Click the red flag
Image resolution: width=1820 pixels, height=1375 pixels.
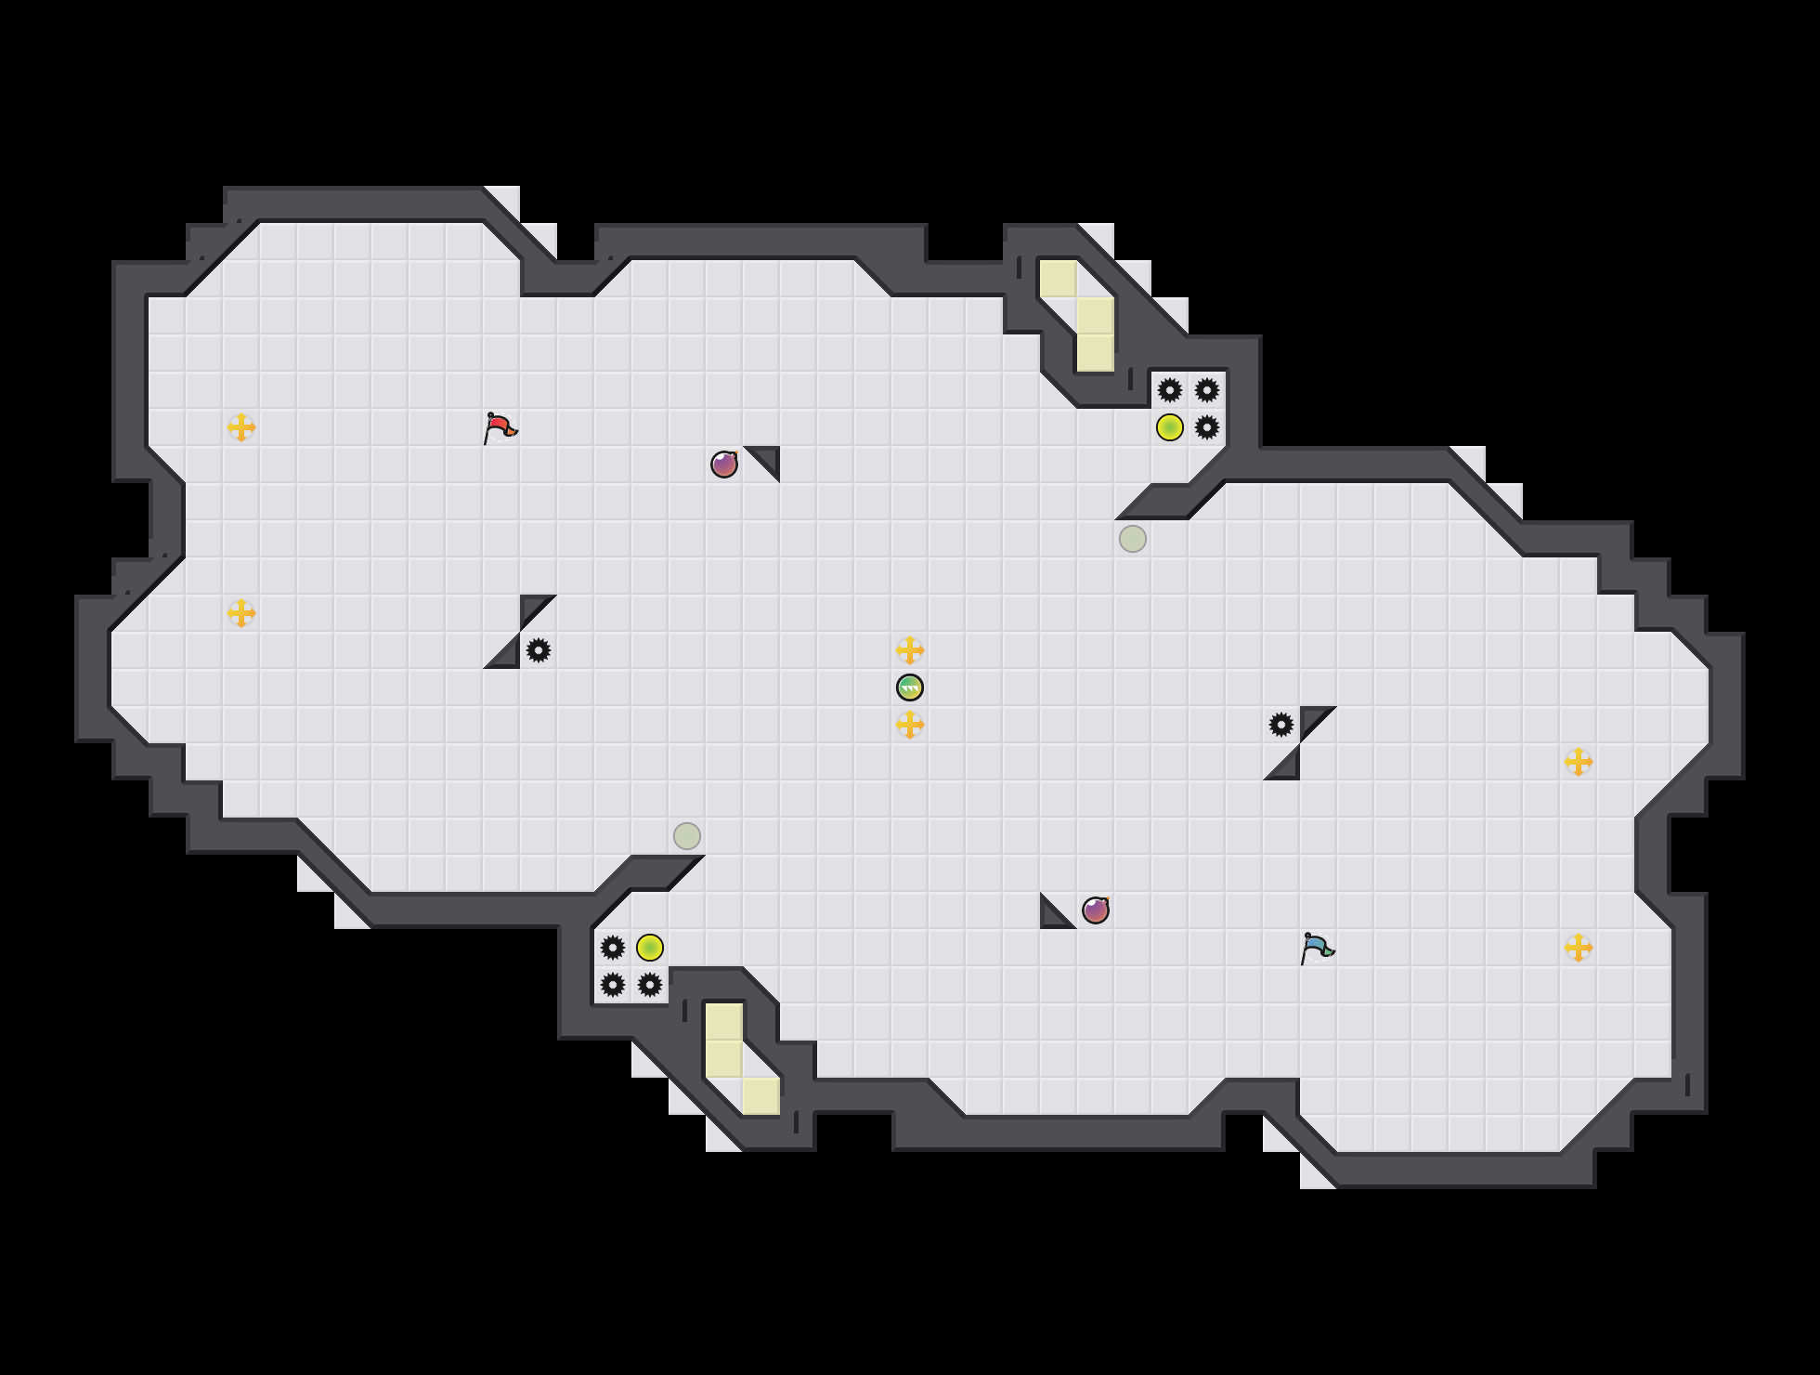coord(500,427)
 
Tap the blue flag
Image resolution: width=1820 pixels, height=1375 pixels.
coord(1317,948)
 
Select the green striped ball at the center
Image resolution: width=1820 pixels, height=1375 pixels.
coord(910,687)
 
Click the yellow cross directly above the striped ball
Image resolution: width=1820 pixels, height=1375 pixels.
coord(910,650)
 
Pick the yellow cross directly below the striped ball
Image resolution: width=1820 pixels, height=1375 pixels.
coord(910,725)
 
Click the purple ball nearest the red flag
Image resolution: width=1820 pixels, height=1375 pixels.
coord(724,465)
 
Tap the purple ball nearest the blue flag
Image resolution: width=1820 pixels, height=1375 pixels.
coord(1096,910)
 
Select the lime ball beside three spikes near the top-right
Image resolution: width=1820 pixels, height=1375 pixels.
coord(1170,427)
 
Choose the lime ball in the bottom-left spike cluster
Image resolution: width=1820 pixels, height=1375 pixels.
coord(650,948)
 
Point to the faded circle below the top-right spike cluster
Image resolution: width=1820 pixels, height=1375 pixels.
coord(1133,539)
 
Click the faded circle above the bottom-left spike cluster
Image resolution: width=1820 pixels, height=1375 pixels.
coord(687,836)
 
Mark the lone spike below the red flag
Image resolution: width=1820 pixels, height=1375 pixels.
coord(539,650)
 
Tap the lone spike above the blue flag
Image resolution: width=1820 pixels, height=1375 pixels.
coord(1281,725)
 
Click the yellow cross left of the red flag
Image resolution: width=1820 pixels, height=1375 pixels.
coord(241,427)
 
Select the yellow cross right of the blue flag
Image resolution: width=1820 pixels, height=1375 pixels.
coord(1579,948)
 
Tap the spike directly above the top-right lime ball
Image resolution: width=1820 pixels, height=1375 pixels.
coord(1170,390)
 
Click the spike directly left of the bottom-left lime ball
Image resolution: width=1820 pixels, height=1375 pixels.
coord(613,948)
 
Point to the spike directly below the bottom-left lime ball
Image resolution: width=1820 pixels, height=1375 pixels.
coord(650,985)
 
